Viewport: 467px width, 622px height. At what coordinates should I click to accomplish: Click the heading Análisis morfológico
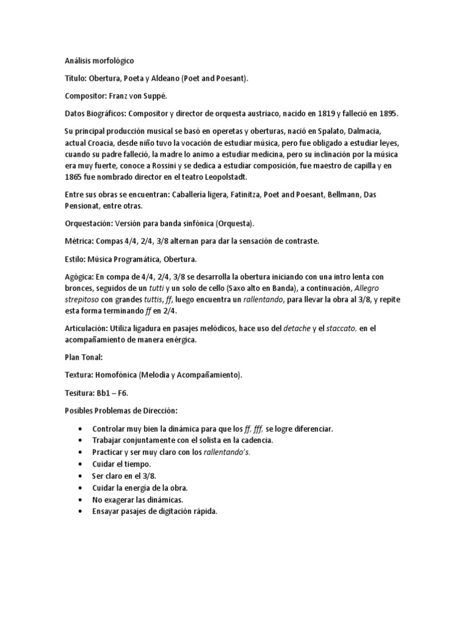pyautogui.click(x=100, y=61)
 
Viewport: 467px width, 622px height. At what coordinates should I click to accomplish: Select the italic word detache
pyautogui.click(x=297, y=328)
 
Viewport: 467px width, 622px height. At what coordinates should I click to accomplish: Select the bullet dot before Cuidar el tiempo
pyautogui.click(x=81, y=463)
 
